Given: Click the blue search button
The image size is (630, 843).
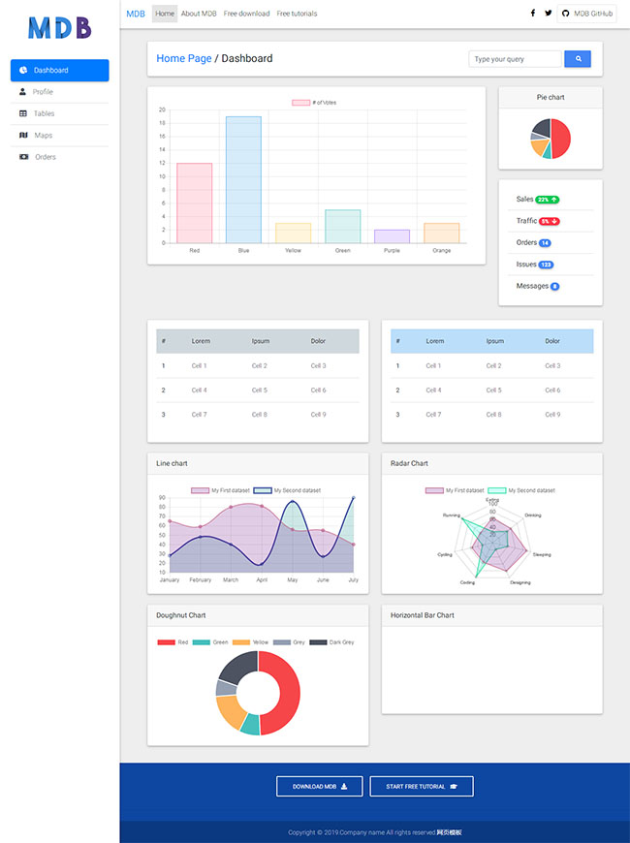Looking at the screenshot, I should pyautogui.click(x=578, y=59).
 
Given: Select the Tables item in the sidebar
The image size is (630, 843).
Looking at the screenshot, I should pyautogui.click(x=44, y=113).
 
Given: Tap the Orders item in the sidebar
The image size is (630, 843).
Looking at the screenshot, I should pyautogui.click(x=46, y=157).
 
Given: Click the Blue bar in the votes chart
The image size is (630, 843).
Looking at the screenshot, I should pyautogui.click(x=243, y=179).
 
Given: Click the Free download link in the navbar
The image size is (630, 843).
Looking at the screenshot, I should pyautogui.click(x=246, y=14).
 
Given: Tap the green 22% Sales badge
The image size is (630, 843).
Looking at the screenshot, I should pyautogui.click(x=548, y=200).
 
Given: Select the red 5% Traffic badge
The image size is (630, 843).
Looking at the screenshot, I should pyautogui.click(x=550, y=221).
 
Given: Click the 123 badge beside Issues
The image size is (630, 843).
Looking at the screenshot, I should pyautogui.click(x=547, y=265).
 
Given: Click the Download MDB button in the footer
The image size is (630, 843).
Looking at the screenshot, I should pyautogui.click(x=320, y=786).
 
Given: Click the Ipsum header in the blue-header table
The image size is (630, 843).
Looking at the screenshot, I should pyautogui.click(x=494, y=341).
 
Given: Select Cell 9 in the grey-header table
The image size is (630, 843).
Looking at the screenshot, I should pyautogui.click(x=318, y=415).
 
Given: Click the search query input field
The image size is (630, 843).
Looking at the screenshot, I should pyautogui.click(x=515, y=59).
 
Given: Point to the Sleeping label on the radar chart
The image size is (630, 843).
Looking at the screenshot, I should pyautogui.click(x=542, y=555).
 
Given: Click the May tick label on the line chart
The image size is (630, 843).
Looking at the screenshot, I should pyautogui.click(x=293, y=580).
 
